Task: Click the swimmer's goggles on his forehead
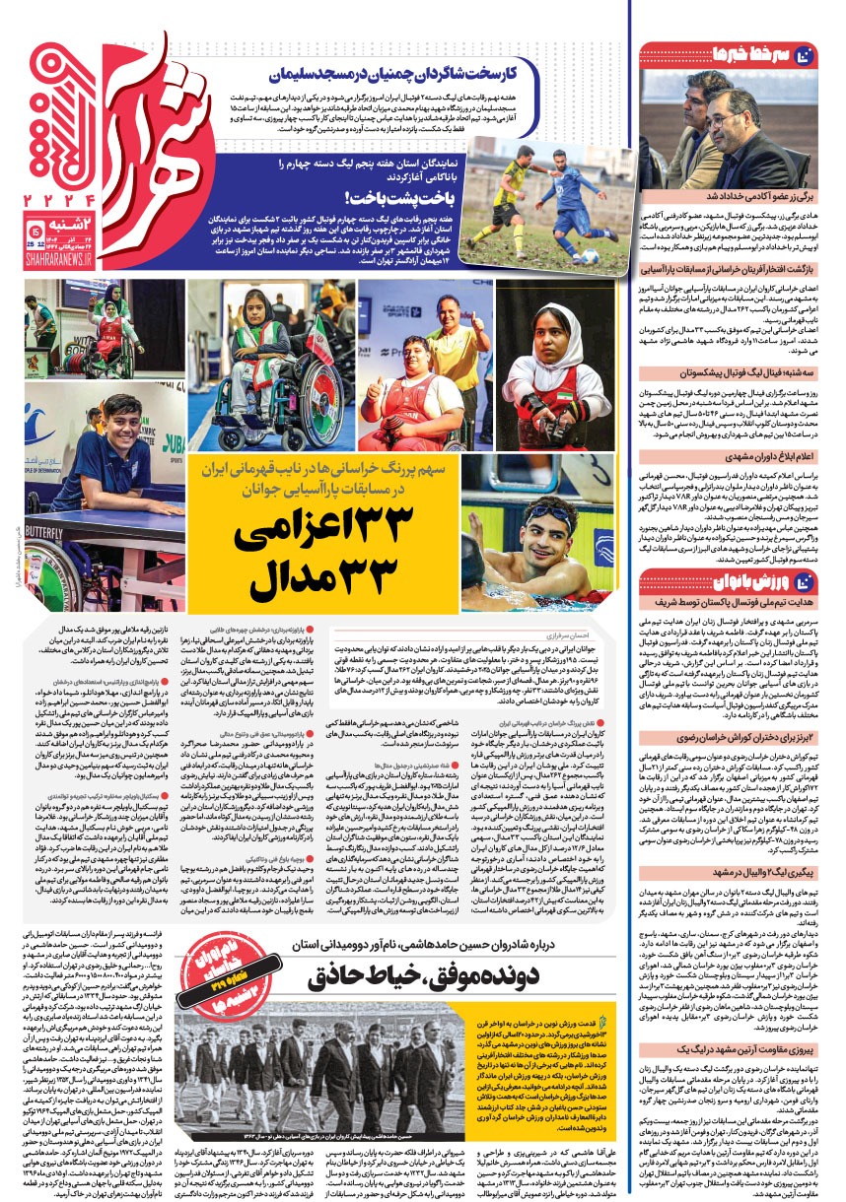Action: click(547, 516)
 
